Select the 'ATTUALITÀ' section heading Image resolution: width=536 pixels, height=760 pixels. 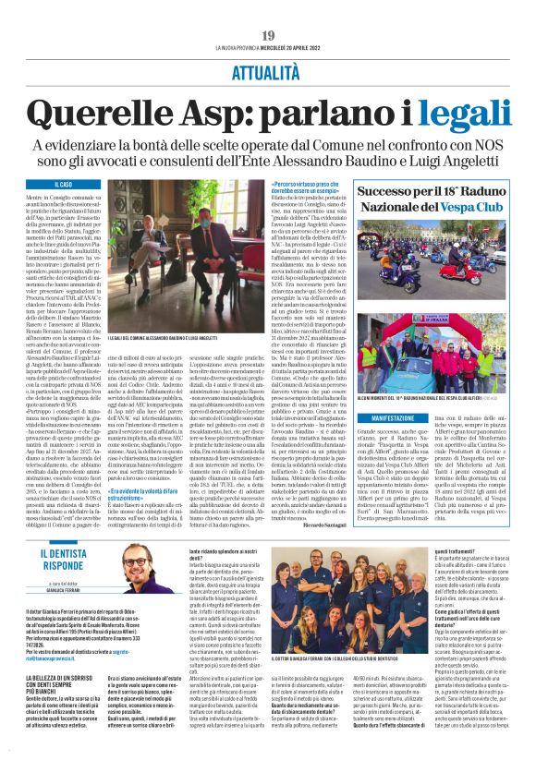267,78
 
